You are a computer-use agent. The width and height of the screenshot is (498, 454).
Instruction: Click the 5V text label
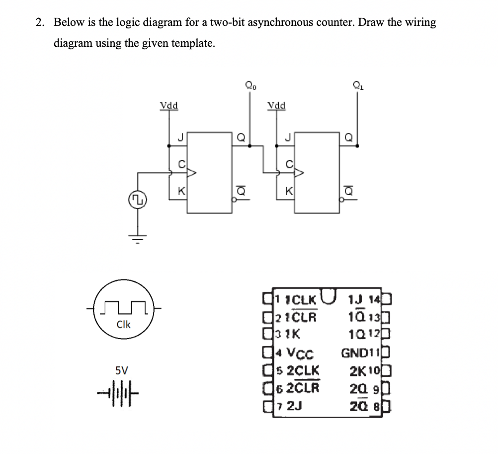[121, 371]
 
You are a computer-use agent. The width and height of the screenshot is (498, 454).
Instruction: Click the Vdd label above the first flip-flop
[169, 106]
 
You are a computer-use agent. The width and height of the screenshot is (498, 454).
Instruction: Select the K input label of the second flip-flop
[288, 191]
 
